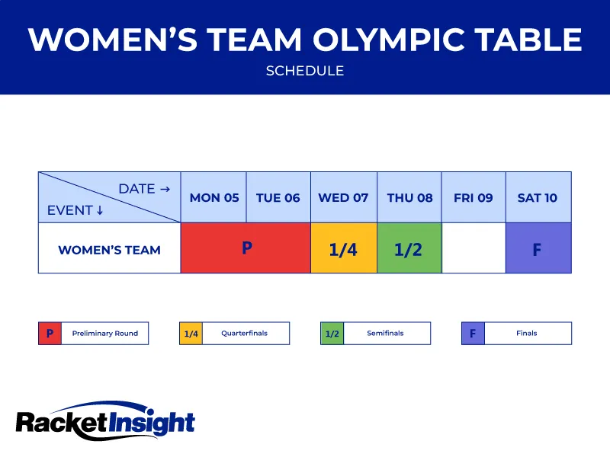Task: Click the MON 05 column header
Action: point(214,197)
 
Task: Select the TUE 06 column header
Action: point(278,197)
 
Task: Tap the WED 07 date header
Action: point(343,197)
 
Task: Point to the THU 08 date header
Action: point(409,197)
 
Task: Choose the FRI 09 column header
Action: point(474,197)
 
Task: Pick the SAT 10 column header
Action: point(538,197)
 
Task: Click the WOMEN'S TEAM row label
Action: point(109,249)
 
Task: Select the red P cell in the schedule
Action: point(246,248)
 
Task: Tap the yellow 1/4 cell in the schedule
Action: point(343,248)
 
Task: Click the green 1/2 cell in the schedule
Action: point(409,248)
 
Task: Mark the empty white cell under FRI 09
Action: point(474,248)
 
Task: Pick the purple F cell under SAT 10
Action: point(538,248)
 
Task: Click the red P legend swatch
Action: point(50,334)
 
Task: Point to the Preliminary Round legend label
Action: point(105,334)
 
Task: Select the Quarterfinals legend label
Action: point(245,334)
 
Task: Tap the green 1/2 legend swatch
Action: point(332,334)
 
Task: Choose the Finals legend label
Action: point(527,334)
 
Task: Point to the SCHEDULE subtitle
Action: point(305,71)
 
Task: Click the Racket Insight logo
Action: point(105,421)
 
